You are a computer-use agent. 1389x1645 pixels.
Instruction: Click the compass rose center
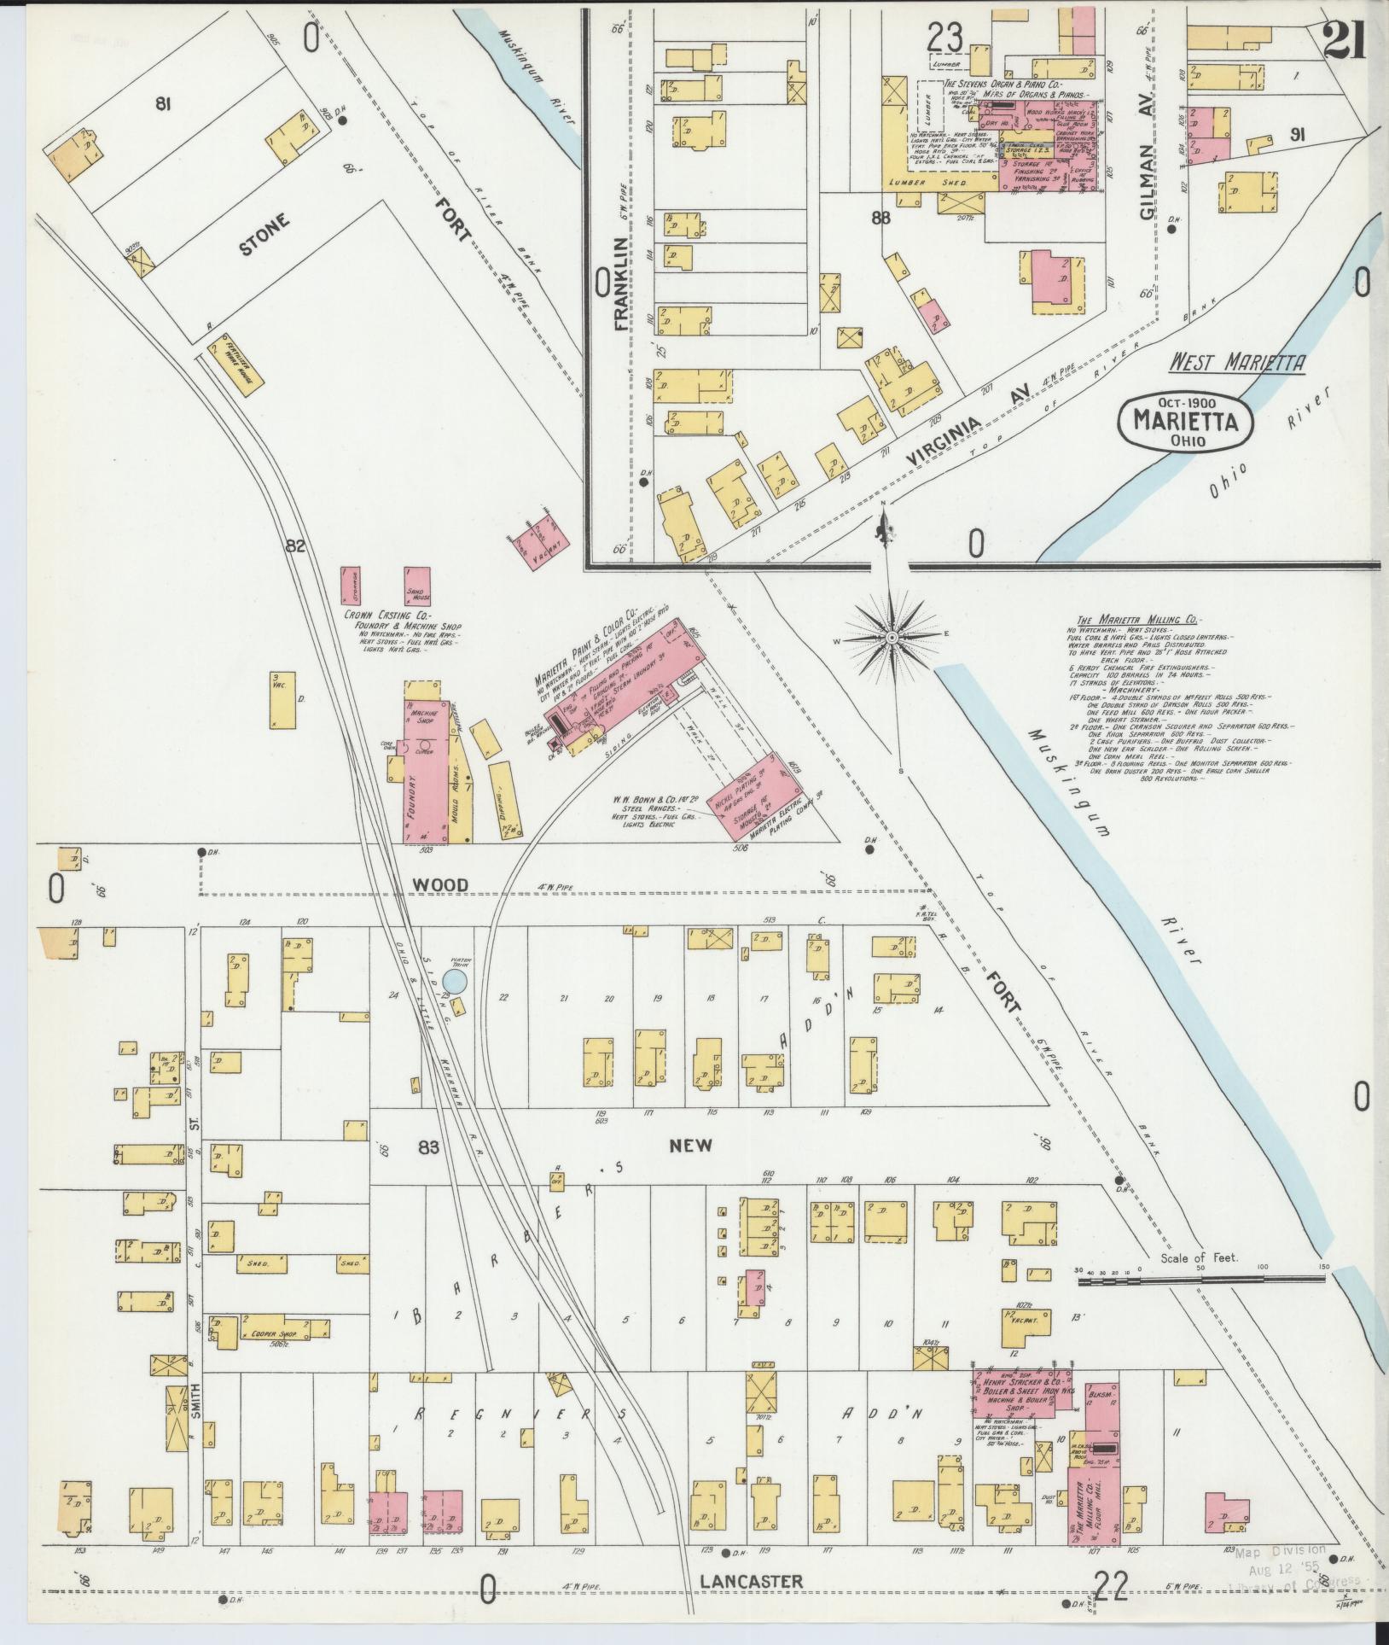[891, 637]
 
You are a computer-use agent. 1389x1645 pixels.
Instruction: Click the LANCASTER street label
[751, 1581]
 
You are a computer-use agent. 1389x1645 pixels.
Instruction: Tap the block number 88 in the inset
[880, 218]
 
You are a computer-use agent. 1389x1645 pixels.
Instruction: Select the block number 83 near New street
[428, 1147]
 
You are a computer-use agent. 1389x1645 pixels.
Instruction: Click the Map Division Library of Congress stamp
[1283, 1565]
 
